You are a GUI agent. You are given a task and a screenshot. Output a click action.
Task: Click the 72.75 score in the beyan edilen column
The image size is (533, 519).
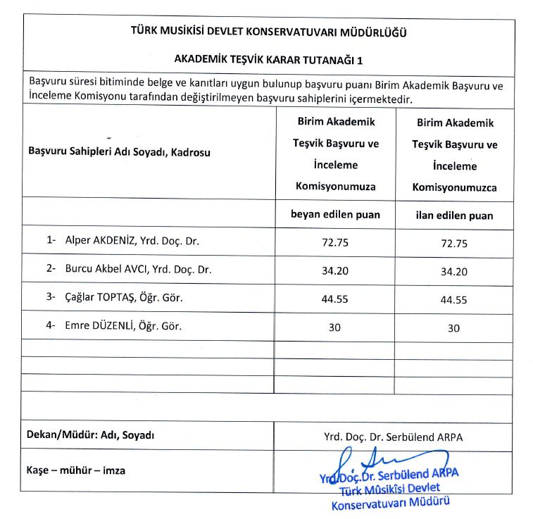334,243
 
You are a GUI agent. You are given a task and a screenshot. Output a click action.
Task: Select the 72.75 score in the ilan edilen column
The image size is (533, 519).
454,244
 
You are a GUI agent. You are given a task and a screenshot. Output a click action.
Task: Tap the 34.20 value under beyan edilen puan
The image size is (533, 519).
334,270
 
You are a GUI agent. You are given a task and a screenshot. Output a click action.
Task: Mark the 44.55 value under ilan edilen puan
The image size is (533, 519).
454,299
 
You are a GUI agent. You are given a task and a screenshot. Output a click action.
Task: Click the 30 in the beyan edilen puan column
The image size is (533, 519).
334,327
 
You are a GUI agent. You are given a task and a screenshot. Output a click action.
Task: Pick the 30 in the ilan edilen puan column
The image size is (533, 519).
454,328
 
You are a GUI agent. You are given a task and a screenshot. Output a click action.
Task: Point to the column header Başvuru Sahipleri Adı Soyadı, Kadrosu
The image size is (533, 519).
119,151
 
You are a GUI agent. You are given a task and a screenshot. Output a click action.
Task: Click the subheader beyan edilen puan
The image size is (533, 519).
335,215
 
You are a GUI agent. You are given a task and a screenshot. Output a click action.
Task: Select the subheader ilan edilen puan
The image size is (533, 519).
454,215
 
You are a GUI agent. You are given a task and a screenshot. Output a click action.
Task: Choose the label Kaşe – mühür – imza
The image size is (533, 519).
76,470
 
